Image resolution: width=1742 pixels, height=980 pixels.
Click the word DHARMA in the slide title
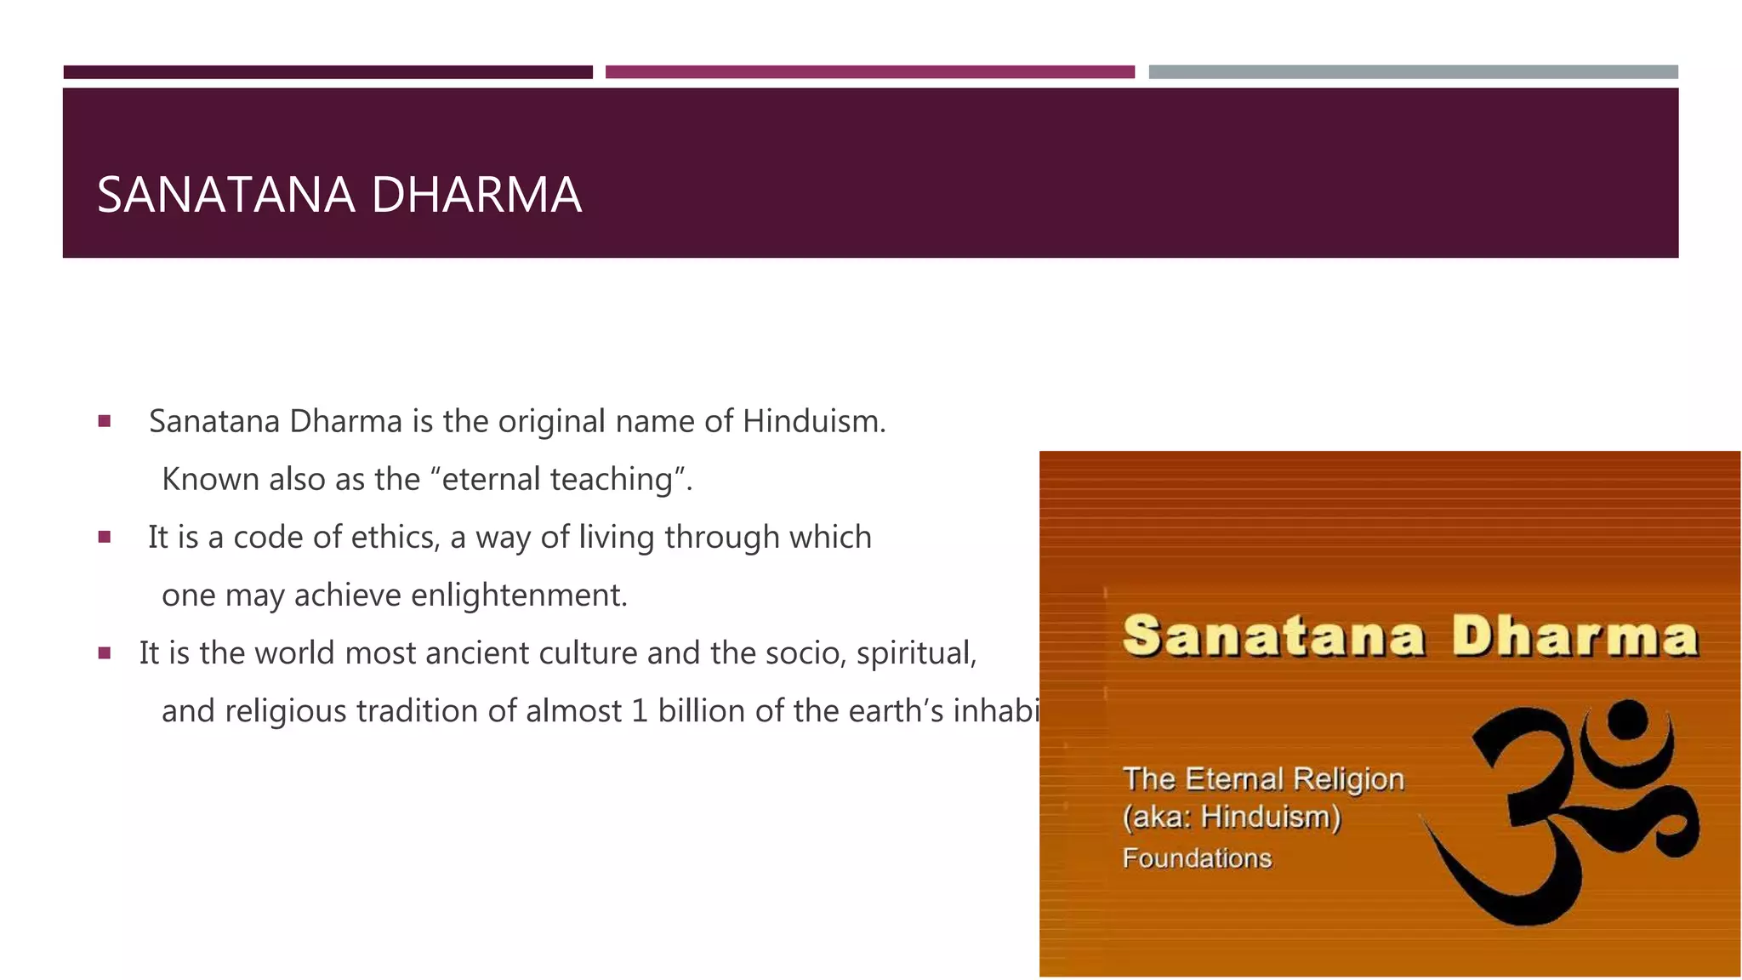(476, 195)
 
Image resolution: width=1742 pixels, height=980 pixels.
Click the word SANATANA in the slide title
(225, 195)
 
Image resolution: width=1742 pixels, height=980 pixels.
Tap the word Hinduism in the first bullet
(812, 421)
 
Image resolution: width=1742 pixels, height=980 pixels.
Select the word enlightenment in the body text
(518, 595)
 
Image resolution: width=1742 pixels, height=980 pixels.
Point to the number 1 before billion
(639, 711)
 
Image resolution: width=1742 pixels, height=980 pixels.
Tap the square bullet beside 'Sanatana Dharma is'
(105, 421)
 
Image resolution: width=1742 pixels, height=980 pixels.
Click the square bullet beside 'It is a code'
(105, 537)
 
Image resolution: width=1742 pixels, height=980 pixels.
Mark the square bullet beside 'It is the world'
(105, 653)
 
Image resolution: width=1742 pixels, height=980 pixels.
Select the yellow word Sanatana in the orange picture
(1273, 637)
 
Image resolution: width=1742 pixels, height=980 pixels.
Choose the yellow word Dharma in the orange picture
(1574, 637)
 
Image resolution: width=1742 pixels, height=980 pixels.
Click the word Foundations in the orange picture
(1197, 858)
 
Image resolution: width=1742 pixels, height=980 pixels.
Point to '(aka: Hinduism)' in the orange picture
(1232, 818)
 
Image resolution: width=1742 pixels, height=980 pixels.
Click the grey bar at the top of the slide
(1413, 72)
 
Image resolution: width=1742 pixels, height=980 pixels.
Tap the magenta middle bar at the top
(869, 72)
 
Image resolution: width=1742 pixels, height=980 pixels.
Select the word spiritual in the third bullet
(916, 653)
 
